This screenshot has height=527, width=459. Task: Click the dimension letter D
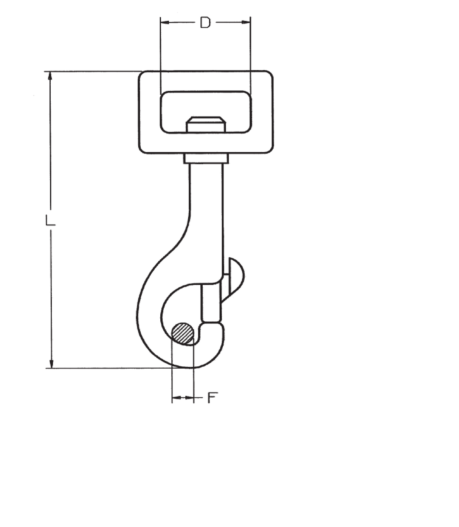click(205, 23)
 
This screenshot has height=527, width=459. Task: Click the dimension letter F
click(213, 398)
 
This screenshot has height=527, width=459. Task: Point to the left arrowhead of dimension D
click(164, 23)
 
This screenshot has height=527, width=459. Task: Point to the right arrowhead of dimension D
click(247, 23)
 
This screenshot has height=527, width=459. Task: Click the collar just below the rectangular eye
click(206, 158)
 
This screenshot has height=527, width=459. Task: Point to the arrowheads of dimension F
click(183, 398)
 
